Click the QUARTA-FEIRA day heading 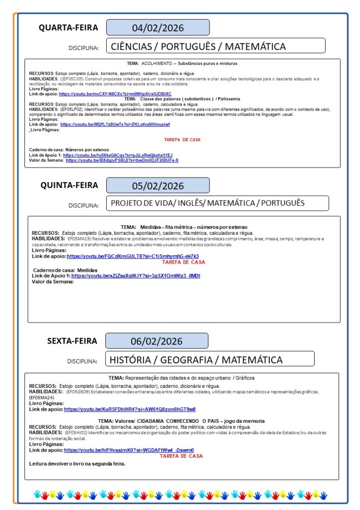(68, 28)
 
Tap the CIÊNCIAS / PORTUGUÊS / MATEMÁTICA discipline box (216, 46)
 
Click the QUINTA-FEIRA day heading (69, 185)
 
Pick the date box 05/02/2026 (158, 186)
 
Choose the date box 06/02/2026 (157, 341)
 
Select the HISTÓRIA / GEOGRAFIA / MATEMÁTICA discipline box (209, 359)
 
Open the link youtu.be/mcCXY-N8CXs (115, 94)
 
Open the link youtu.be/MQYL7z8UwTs (115, 124)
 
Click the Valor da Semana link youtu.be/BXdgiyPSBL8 (122, 160)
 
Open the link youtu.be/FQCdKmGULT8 (133, 256)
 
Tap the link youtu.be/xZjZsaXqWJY (136, 276)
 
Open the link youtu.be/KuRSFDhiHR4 (130, 409)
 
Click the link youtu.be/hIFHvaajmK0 (129, 450)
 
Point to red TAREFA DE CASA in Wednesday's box (182, 140)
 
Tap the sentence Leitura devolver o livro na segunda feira (77, 464)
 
